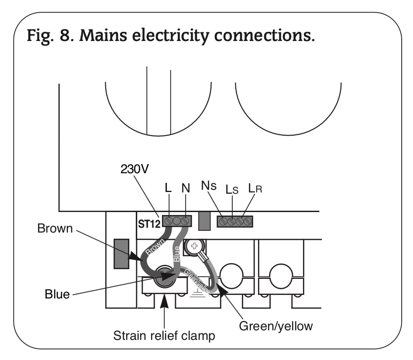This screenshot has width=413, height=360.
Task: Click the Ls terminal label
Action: point(231,189)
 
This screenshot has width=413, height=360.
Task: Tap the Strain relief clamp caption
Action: point(164,336)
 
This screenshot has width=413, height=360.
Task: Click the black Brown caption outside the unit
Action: point(55,229)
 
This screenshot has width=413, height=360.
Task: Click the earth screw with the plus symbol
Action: point(192,246)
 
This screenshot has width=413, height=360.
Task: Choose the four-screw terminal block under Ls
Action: point(235,221)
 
